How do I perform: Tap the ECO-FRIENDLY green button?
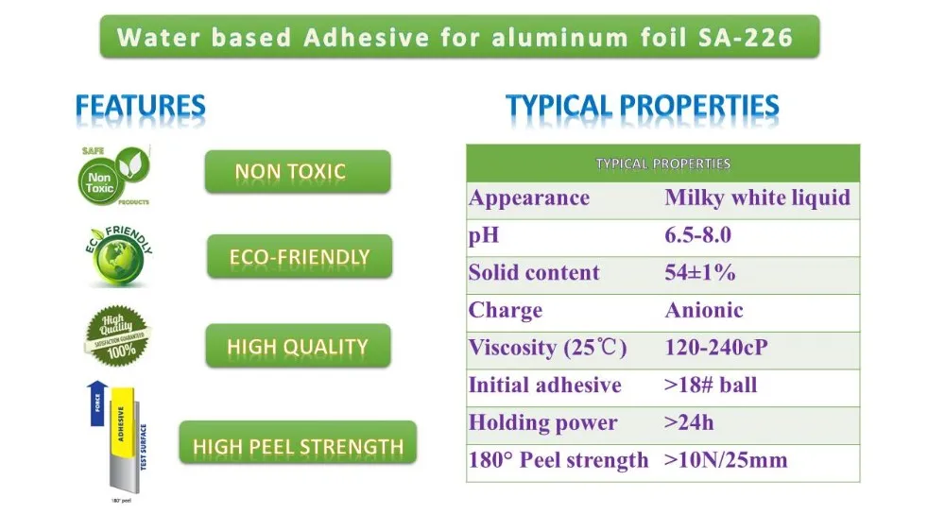tap(299, 256)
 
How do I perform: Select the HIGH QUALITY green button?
tap(297, 346)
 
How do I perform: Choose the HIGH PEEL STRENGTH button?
tap(297, 446)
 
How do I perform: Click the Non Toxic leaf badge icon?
tap(113, 175)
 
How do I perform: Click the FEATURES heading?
tap(140, 107)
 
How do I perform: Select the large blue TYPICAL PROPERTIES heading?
tap(642, 107)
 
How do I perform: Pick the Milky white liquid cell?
tap(757, 198)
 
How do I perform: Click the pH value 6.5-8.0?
tap(697, 236)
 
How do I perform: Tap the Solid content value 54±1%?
tap(699, 273)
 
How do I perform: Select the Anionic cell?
tap(703, 310)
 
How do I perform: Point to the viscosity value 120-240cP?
tap(715, 348)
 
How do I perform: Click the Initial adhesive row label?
tap(545, 386)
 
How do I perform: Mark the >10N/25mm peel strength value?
tap(726, 461)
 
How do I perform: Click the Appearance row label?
tap(529, 198)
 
